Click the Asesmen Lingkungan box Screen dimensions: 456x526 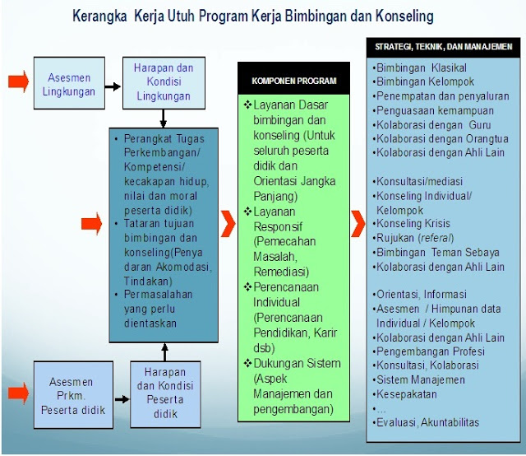tap(69, 84)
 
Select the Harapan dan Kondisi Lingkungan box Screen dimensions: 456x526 tap(163, 83)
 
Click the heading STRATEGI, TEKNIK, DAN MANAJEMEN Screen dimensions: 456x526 tap(443, 47)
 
